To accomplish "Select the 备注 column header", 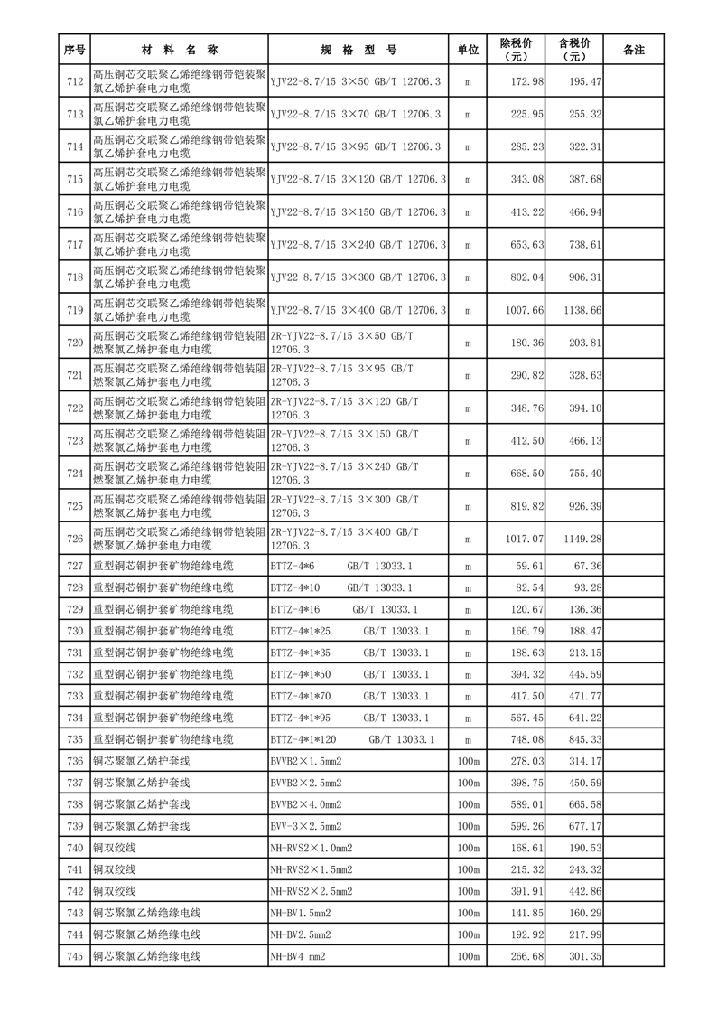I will coord(634,51).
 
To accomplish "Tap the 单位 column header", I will coord(468,51).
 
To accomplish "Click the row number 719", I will coord(75,310).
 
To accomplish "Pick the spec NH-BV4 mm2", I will coord(297,956).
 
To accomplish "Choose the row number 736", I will coord(75,762).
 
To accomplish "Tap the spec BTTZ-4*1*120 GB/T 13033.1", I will coord(352,739).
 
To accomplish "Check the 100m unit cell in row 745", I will coord(468,956).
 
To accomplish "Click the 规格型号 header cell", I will coord(358,51).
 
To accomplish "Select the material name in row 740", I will coord(115,848).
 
